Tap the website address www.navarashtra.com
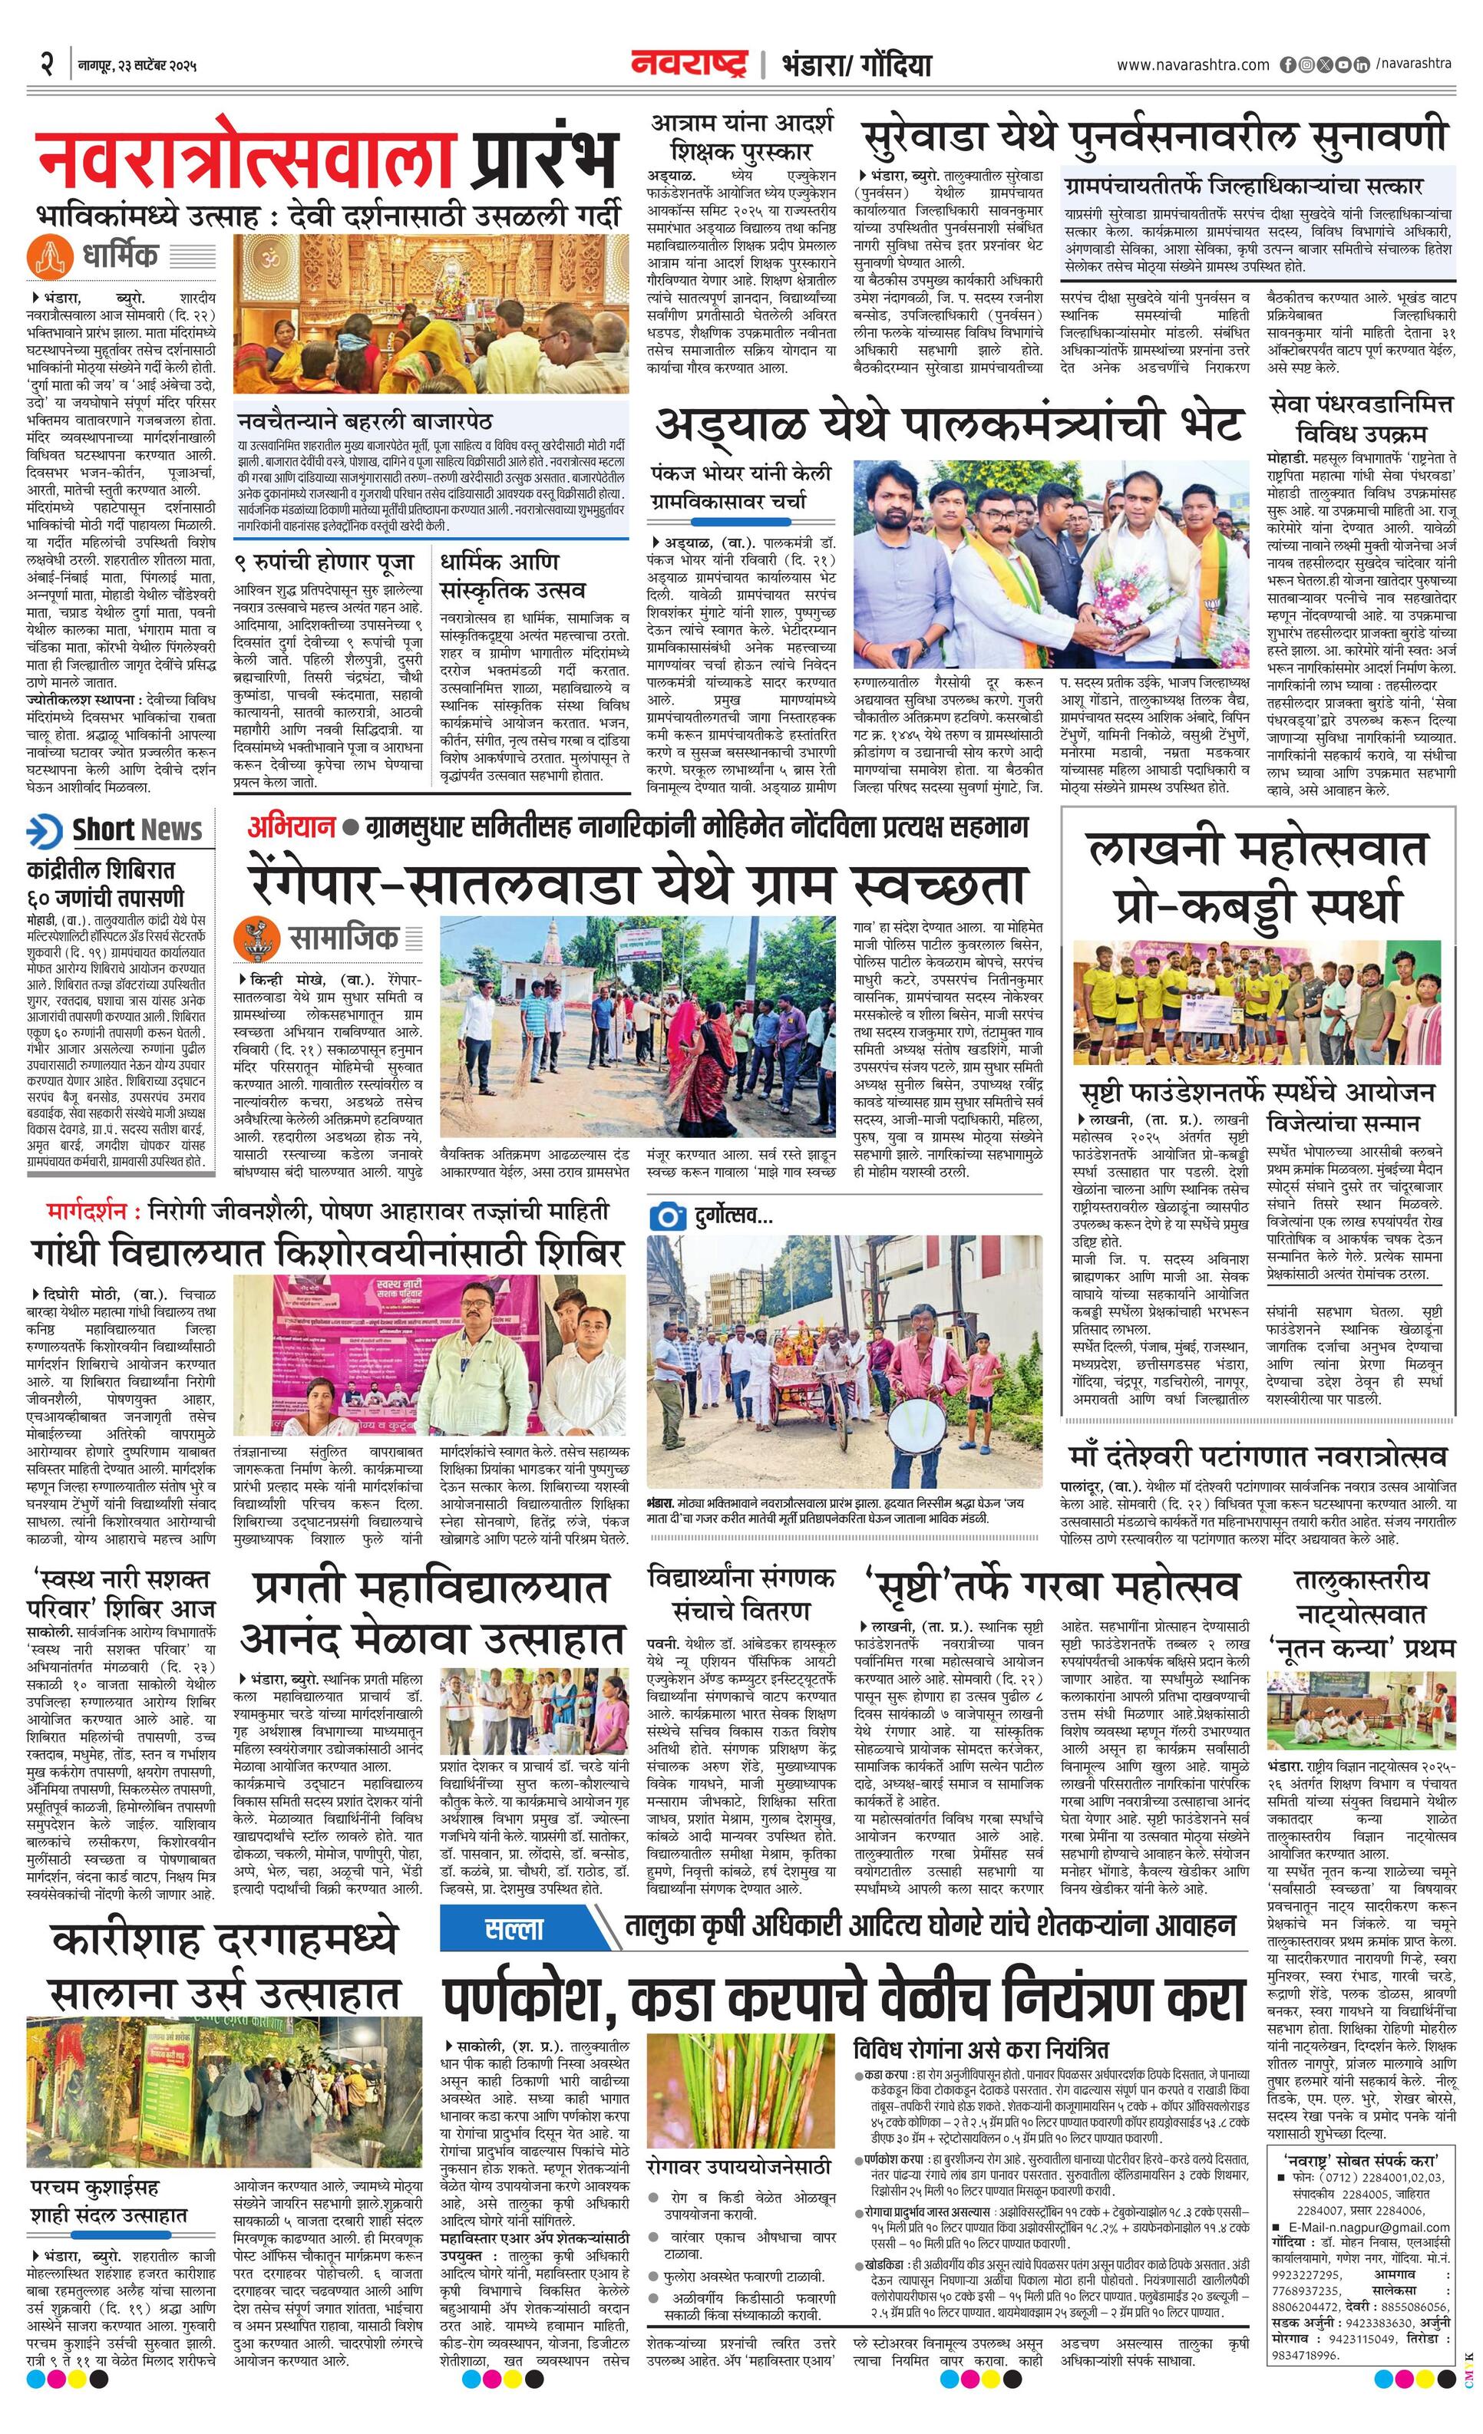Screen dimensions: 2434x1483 click(x=1193, y=65)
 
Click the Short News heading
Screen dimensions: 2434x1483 click(x=137, y=829)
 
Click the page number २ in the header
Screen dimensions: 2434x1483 click(x=45, y=65)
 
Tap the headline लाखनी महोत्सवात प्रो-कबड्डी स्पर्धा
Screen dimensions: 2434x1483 click(x=1257, y=876)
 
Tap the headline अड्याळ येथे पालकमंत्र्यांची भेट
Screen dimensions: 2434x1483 click(x=949, y=427)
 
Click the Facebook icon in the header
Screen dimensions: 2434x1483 click(x=1288, y=65)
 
